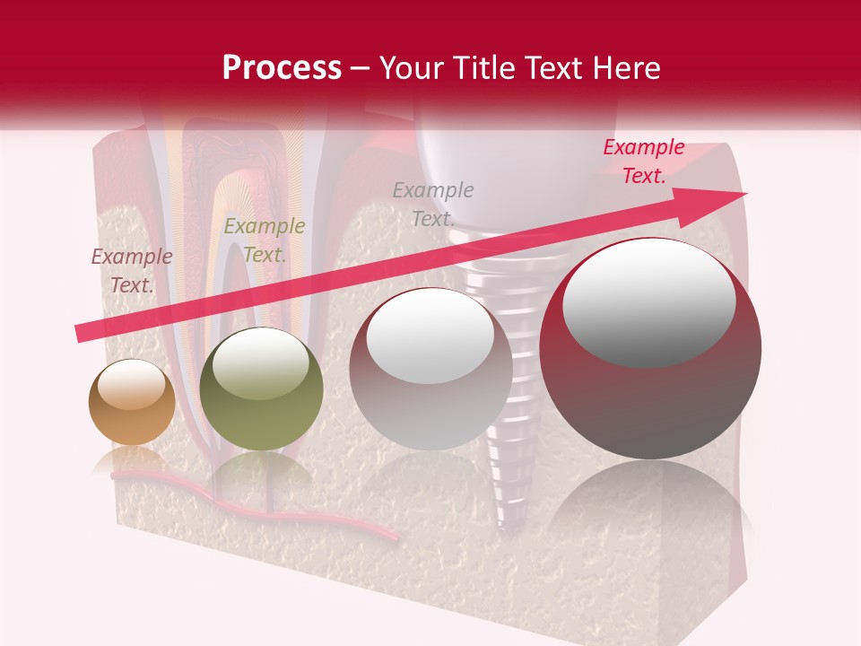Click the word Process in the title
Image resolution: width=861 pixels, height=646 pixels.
click(282, 68)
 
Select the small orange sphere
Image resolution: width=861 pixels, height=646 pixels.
click(132, 403)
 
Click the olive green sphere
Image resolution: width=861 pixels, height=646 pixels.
click(261, 389)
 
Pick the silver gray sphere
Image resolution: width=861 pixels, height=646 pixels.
click(430, 369)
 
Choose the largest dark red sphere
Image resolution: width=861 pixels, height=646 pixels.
click(650, 349)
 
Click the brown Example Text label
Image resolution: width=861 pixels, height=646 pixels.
click(132, 271)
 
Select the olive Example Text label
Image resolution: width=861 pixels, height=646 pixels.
click(264, 240)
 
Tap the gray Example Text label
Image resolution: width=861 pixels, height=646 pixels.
click(433, 204)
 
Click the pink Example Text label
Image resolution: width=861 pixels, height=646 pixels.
click(643, 161)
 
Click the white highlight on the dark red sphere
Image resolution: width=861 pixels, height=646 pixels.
click(649, 301)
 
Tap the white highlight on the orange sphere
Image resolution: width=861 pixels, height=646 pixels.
click(132, 385)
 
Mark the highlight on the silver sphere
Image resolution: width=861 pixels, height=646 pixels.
click(430, 337)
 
